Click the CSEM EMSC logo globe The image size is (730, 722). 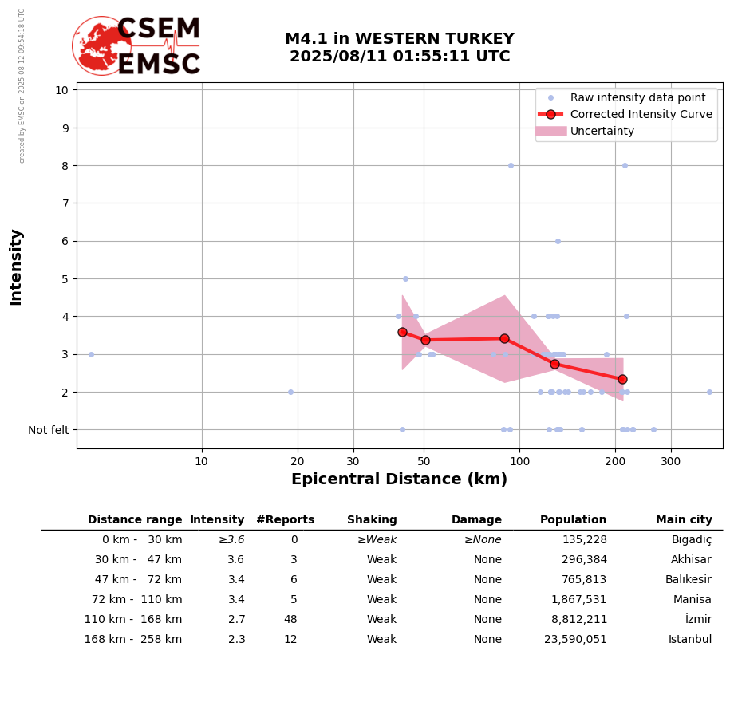point(101,45)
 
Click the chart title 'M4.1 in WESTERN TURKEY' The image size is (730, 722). point(399,39)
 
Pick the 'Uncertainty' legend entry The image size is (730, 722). point(602,131)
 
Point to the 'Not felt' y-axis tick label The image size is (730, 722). point(48,430)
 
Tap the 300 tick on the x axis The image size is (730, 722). point(671,461)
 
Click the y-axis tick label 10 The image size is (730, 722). point(61,90)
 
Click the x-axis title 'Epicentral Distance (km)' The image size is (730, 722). point(399,479)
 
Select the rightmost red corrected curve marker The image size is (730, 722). point(622,379)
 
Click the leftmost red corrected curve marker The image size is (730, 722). point(402,332)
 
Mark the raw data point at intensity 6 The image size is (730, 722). point(558,241)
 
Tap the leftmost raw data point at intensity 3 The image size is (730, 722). point(91,354)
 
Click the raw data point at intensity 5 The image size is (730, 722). point(405,278)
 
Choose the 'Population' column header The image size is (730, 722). point(573,520)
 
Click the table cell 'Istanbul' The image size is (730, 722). point(689,640)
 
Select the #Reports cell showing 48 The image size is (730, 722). point(290,620)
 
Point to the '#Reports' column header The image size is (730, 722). point(285,520)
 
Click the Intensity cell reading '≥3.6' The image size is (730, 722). point(231,540)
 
